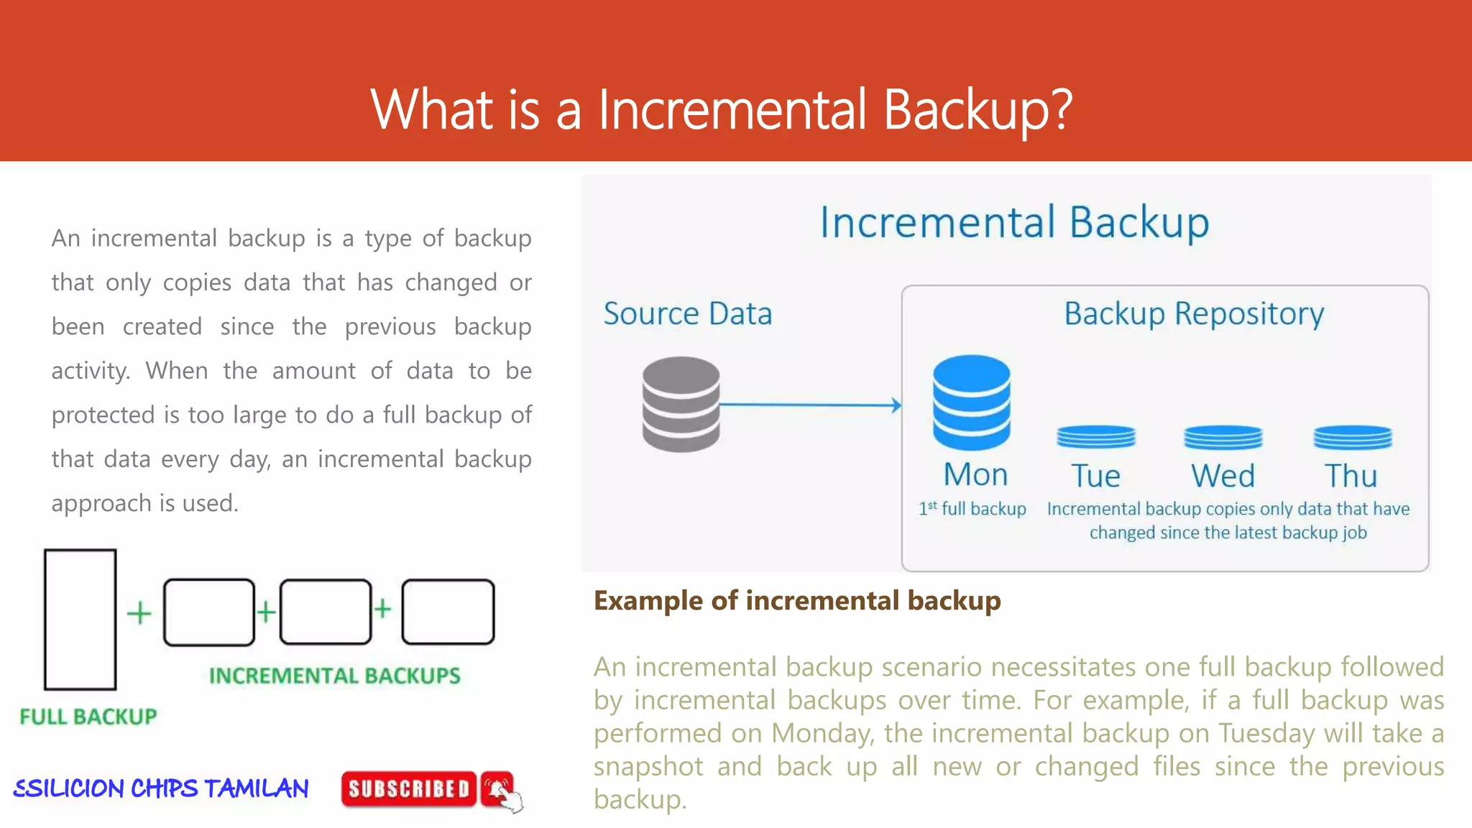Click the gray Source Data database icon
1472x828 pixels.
681,404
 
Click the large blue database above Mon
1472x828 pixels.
972,402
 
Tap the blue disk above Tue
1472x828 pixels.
1096,436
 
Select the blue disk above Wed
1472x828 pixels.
1223,436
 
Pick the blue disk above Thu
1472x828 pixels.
1353,436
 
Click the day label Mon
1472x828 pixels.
975,475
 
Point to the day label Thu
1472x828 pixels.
1351,476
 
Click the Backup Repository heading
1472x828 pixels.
1194,314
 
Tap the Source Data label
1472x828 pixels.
688,314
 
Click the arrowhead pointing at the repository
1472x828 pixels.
896,405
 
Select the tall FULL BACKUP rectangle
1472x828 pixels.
80,619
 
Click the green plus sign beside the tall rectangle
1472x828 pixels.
139,613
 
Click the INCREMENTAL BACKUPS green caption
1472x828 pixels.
335,676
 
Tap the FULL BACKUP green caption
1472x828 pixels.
88,717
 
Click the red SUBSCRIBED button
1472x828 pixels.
408,789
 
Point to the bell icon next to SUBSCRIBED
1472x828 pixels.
497,788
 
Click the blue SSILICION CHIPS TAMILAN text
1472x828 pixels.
161,788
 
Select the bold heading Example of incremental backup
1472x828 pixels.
797,601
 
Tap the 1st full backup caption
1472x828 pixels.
972,509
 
